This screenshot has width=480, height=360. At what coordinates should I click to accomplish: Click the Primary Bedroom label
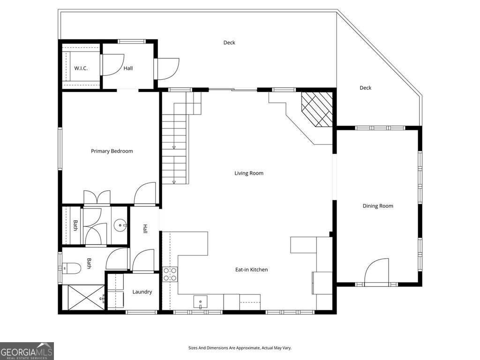(x=112, y=151)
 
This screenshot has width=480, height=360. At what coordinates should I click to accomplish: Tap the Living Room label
(x=249, y=173)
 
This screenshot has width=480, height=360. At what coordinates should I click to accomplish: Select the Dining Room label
(x=378, y=206)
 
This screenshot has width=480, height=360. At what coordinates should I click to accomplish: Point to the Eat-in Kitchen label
(x=251, y=270)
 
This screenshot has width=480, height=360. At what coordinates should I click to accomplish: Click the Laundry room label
(x=142, y=292)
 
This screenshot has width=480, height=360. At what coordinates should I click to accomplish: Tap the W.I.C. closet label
(x=81, y=68)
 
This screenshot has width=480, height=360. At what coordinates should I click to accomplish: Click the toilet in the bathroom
(x=73, y=268)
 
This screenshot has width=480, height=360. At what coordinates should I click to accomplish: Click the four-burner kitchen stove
(x=170, y=274)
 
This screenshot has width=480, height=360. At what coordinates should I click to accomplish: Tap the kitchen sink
(x=201, y=302)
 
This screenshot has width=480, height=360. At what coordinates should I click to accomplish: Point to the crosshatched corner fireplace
(x=317, y=109)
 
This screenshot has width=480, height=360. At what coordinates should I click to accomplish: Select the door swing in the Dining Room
(x=377, y=271)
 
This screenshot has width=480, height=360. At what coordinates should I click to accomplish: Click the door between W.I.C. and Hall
(x=112, y=65)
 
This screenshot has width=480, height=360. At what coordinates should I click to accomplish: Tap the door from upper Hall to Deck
(x=168, y=68)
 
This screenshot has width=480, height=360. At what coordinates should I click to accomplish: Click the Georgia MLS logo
(x=27, y=351)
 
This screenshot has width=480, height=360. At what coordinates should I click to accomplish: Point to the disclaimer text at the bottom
(x=240, y=348)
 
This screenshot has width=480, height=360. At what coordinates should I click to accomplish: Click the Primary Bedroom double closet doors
(x=97, y=197)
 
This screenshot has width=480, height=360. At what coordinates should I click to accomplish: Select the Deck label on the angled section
(x=365, y=88)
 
